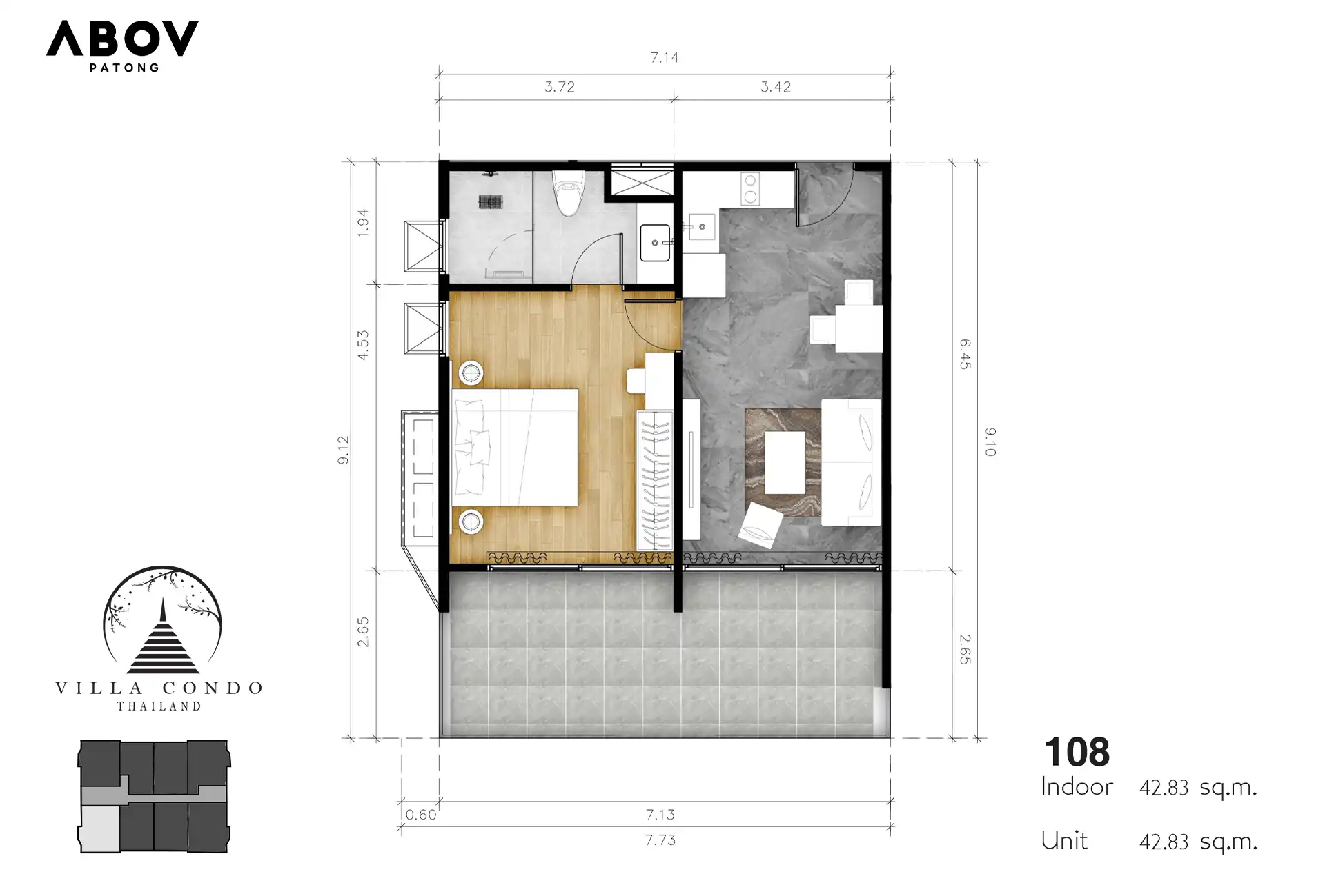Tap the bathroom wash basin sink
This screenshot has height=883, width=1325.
tap(655, 243)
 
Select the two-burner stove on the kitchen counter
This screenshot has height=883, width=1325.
tap(750, 189)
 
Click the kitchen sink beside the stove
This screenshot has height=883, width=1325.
tap(702, 226)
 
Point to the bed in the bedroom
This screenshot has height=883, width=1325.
tap(515, 448)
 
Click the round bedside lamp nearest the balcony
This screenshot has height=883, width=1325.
tap(471, 522)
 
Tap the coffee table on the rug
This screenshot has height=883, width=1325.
tap(785, 462)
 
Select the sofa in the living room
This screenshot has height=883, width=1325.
tap(851, 462)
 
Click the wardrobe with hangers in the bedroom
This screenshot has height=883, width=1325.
tap(654, 480)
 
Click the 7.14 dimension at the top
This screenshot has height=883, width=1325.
tap(665, 58)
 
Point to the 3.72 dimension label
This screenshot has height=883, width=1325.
tap(560, 87)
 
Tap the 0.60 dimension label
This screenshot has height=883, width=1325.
tap(421, 815)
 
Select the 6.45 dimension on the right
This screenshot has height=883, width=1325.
tap(965, 354)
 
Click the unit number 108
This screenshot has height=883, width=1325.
tap(1077, 752)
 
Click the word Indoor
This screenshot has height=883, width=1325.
tap(1077, 786)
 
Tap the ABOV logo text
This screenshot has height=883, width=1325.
tap(123, 39)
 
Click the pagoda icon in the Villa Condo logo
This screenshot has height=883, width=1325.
tap(164, 637)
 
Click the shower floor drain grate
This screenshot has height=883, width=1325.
tap(490, 202)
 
